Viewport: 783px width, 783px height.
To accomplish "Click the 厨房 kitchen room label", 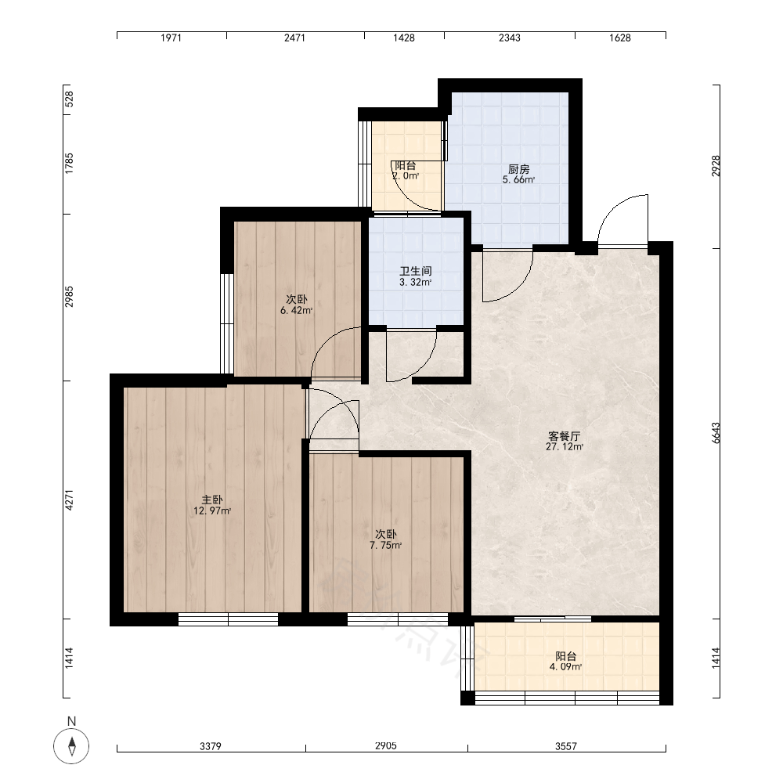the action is (519, 169).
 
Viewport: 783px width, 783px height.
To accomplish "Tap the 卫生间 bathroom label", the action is (416, 271).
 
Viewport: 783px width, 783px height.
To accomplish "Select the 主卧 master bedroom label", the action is (212, 500).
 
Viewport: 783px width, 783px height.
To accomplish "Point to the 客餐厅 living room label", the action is (565, 436).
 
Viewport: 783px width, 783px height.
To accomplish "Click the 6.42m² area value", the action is (297, 311).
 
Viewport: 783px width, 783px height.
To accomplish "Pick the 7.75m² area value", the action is (386, 545).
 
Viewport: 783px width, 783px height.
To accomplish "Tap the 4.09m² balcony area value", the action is (565, 666).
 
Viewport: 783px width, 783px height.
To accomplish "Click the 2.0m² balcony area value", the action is (406, 175).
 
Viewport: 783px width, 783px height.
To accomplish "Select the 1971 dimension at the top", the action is (171, 38).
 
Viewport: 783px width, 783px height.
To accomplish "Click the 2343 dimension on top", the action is (510, 38).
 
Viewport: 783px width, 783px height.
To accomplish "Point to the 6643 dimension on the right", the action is (716, 433).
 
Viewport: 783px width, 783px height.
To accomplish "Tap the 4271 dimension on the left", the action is (69, 500).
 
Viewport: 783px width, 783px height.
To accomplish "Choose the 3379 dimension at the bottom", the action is (210, 746).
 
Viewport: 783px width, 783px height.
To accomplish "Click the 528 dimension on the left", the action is (69, 99).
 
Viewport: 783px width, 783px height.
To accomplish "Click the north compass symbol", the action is (71, 746).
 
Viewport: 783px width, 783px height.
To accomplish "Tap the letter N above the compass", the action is (71, 721).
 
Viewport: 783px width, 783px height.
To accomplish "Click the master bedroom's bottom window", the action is (228, 619).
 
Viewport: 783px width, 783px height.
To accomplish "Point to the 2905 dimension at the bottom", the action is (385, 746).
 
